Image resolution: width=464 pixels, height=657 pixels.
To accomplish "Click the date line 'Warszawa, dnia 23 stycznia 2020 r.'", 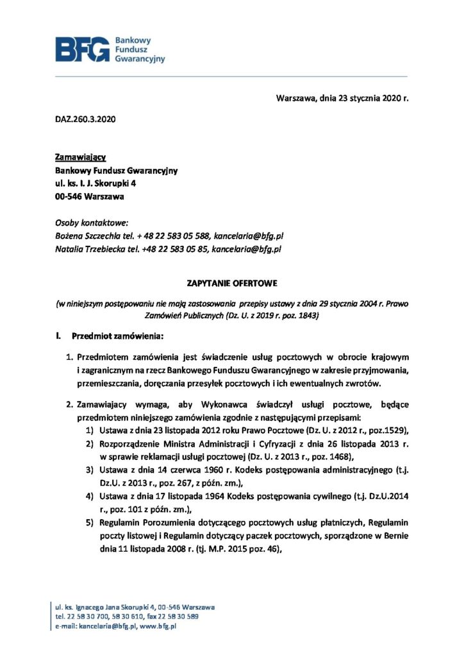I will (x=342, y=98).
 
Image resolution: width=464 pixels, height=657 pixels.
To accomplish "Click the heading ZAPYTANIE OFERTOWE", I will (x=231, y=282).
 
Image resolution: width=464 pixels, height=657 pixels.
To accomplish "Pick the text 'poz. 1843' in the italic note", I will (x=301, y=316).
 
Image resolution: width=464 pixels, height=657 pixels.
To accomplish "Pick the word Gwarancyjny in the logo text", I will (x=139, y=58).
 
